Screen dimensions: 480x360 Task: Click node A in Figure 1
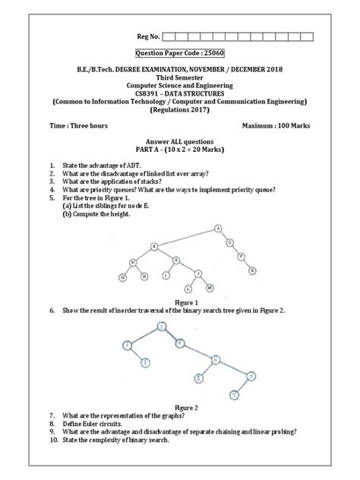point(218,227)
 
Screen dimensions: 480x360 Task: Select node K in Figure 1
point(253,270)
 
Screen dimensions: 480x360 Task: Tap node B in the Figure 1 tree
point(153,245)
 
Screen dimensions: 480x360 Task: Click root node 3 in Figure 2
point(161,327)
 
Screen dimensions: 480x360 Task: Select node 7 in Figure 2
point(235,395)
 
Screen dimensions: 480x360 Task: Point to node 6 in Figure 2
point(216,359)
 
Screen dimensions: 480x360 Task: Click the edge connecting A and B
point(186,235)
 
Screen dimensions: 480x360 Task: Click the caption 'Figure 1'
point(180,302)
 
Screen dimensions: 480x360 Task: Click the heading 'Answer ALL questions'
point(180,142)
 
